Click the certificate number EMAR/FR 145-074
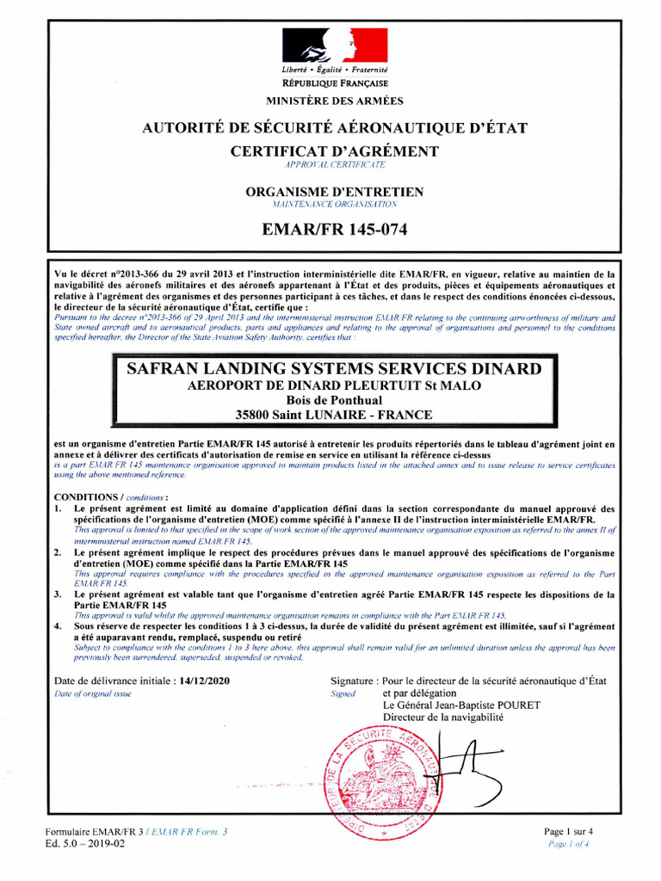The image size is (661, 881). pos(335,230)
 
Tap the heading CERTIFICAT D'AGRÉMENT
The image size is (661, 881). pos(335,151)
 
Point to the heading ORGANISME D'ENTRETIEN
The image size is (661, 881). pos(335,192)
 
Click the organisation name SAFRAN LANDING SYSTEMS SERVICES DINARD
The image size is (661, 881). pos(335,369)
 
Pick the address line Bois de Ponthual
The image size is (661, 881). pos(335,400)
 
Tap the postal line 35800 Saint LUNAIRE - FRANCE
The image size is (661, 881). pos(335,415)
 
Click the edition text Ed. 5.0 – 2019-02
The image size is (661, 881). pos(84,844)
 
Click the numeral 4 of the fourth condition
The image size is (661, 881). pos(58,627)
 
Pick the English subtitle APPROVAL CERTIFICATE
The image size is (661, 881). pos(335,163)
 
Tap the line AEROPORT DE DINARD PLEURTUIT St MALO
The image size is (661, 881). pos(335,385)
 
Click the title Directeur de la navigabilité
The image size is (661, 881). pos(443,717)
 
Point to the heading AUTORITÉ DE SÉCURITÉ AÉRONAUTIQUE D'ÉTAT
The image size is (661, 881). pos(335,129)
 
